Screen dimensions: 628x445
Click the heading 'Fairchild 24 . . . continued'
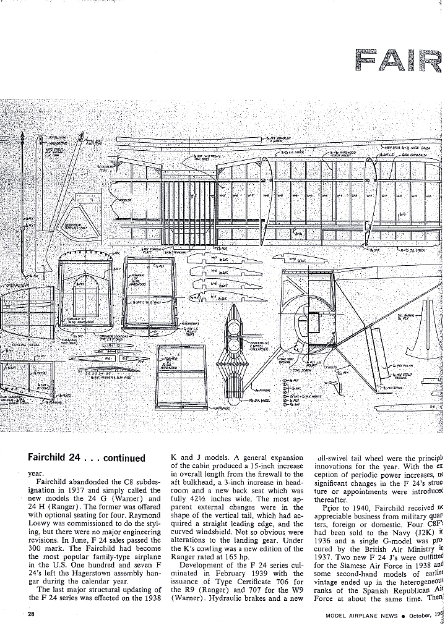pos(86,458)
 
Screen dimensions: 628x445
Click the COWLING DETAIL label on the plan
pos(24,340)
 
